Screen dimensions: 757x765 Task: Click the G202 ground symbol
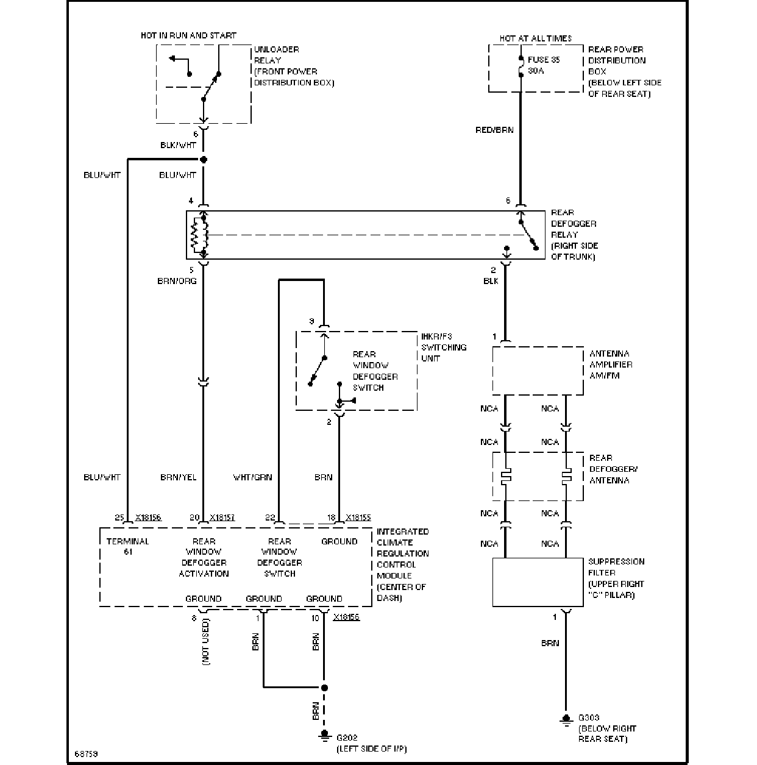[x=324, y=736]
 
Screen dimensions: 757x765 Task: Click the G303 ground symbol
[x=566, y=719]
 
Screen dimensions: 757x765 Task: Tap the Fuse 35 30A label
[x=544, y=65]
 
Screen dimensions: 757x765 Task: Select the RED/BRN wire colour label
[x=494, y=130]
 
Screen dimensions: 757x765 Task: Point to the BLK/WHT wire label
[x=178, y=145]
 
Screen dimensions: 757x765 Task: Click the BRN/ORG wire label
[x=177, y=281]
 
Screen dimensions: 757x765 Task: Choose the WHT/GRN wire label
[x=252, y=477]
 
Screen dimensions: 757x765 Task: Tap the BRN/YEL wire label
[x=178, y=477]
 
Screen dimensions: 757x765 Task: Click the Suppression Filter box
[x=538, y=582]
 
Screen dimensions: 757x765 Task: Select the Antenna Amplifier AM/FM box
[x=538, y=371]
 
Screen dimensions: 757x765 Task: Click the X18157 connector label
[x=222, y=518]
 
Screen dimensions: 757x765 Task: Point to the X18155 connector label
[x=358, y=518]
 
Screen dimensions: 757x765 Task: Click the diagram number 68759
[x=86, y=753]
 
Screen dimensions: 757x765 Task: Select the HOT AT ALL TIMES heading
[x=536, y=38]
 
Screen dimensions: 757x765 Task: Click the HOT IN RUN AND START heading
[x=188, y=36]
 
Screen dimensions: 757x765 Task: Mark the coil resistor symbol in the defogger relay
[x=194, y=235]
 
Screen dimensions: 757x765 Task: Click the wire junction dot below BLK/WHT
[x=204, y=160]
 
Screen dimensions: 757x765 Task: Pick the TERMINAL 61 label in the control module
[x=128, y=546]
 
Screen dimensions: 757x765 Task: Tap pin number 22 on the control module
[x=270, y=518]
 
